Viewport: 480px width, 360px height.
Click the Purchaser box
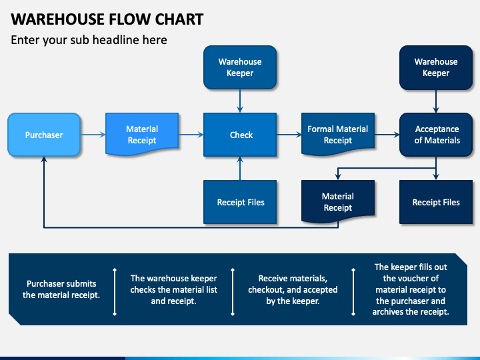(44, 135)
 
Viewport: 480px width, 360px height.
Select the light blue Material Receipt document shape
(142, 135)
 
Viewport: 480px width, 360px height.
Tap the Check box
(240, 135)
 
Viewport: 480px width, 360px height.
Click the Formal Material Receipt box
(338, 135)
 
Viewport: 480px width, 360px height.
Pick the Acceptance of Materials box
(436, 135)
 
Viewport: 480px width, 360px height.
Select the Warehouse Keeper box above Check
(240, 67)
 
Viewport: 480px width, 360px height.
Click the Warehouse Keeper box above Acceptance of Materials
(436, 67)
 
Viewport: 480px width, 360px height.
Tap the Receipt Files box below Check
(240, 202)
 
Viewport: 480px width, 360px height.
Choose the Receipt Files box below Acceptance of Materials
(436, 202)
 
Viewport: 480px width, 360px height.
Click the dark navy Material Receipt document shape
(338, 201)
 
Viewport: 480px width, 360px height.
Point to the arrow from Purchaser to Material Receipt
(93, 135)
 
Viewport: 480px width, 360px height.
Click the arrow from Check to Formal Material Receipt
(289, 135)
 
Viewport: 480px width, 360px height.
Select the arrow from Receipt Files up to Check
(240, 169)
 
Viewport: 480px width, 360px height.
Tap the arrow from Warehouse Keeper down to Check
(240, 101)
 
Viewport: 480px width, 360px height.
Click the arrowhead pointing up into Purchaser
(44, 159)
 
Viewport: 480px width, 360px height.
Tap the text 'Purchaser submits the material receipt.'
(61, 289)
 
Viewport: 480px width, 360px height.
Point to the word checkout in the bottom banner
(267, 289)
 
